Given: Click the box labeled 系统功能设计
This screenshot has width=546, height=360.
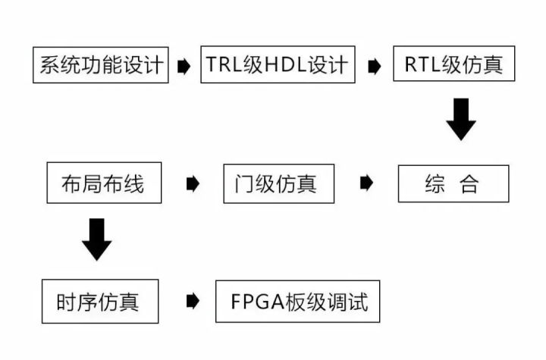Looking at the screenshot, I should (x=100, y=65).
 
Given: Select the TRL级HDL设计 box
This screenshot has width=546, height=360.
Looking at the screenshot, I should (x=277, y=65).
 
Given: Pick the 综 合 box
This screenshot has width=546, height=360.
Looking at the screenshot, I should (x=453, y=183).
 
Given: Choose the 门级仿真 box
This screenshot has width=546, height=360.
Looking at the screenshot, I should (x=279, y=183).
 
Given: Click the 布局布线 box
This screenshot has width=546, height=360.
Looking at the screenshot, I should (x=104, y=183).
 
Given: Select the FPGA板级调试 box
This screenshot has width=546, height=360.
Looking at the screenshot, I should (x=298, y=302).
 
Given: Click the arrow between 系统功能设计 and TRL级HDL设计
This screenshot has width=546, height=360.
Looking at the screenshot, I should (x=184, y=66).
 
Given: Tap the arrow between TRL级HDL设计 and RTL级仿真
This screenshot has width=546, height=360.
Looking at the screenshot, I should (x=374, y=66).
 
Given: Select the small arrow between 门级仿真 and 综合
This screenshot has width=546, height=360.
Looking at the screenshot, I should (x=367, y=183).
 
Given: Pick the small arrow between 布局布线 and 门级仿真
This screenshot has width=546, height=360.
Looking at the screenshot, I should (x=193, y=183).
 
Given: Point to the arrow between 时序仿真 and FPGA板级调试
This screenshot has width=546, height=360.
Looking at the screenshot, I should (x=193, y=302).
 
